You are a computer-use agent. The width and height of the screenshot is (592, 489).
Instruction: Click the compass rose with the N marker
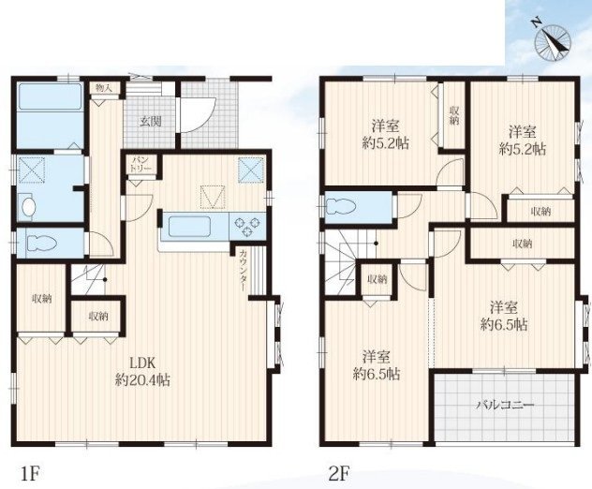point(553,41)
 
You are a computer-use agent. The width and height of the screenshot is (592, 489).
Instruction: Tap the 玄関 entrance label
point(151,122)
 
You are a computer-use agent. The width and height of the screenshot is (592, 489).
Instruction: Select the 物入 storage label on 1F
point(103,88)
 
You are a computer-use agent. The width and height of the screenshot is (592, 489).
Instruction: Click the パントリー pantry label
point(141,164)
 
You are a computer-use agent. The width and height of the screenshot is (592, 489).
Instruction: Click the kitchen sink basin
point(189,226)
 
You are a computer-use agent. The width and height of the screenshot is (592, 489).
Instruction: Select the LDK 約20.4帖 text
point(142,371)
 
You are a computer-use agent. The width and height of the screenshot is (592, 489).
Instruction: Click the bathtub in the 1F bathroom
point(50,97)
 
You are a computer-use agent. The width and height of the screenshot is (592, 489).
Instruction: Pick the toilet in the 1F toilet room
point(40,244)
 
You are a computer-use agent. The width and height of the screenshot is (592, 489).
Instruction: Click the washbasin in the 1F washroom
point(28,207)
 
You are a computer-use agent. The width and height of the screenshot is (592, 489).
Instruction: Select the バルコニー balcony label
point(505,406)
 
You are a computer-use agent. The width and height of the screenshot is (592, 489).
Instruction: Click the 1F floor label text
point(29,474)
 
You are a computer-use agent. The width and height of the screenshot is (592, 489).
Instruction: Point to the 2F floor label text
point(338,474)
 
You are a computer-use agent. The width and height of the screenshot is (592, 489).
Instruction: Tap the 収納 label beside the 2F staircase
point(377,279)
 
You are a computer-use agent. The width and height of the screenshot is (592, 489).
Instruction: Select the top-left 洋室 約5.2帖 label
point(386,134)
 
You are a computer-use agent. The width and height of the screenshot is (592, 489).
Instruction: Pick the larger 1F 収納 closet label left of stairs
point(41,299)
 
